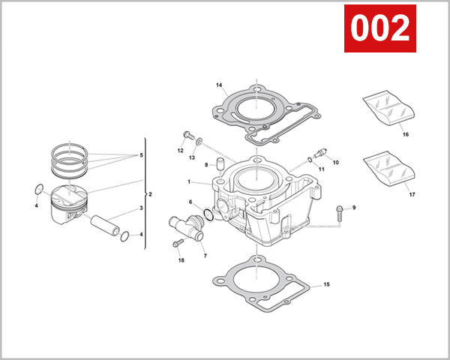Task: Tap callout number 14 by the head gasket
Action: pyautogui.click(x=220, y=85)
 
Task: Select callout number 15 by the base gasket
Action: pyautogui.click(x=326, y=285)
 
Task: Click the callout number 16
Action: pyautogui.click(x=405, y=135)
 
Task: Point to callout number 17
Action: pyautogui.click(x=412, y=195)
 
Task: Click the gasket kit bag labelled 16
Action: pyautogui.click(x=388, y=106)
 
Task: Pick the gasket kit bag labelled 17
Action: pyautogui.click(x=388, y=168)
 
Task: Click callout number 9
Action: pyautogui.click(x=354, y=207)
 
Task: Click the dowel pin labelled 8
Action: pyautogui.click(x=221, y=163)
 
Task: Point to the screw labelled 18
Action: pyautogui.click(x=178, y=244)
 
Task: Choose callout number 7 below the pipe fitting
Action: pyautogui.click(x=205, y=256)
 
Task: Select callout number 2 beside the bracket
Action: pyautogui.click(x=150, y=194)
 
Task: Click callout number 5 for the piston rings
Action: pyautogui.click(x=140, y=155)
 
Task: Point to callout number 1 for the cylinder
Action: pyautogui.click(x=189, y=181)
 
